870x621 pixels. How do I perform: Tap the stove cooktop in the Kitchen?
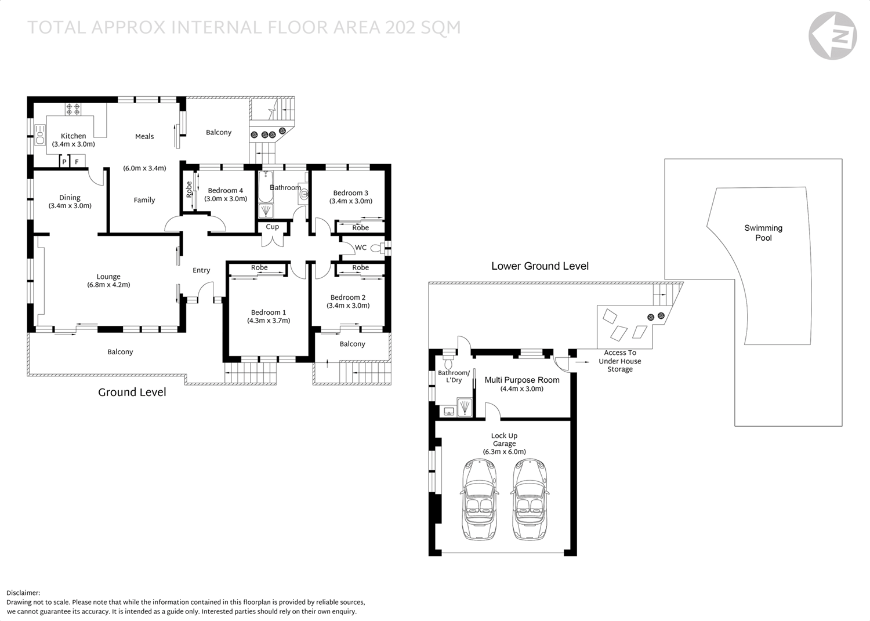(73, 108)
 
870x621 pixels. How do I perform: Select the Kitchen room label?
(73, 136)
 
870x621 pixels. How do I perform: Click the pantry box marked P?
(64, 162)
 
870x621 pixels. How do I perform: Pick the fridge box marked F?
(77, 162)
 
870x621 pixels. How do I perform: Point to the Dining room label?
(70, 198)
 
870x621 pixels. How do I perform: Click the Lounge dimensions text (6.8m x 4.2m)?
(108, 285)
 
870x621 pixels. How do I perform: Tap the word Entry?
(201, 270)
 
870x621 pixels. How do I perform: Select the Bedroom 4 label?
(225, 190)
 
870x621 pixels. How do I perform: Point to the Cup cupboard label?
(272, 227)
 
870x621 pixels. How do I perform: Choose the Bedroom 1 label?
(268, 312)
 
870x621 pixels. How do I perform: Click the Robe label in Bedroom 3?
(360, 228)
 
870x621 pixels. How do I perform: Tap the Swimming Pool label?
(763, 233)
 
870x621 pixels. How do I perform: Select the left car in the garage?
(480, 499)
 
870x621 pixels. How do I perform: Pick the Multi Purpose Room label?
(522, 380)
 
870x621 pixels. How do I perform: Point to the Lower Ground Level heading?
(539, 266)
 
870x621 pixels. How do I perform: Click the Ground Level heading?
(132, 392)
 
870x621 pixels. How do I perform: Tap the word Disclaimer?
(23, 593)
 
